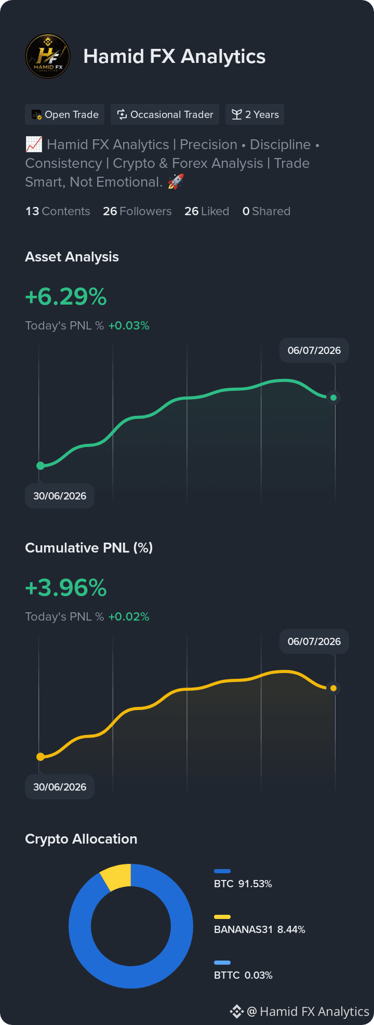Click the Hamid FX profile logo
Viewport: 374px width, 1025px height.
(48, 56)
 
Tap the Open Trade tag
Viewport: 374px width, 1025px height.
(65, 114)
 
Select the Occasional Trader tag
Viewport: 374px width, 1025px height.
(165, 114)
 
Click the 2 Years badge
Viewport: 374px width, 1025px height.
(255, 114)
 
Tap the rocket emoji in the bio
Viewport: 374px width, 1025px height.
(176, 182)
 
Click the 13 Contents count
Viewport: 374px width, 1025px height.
(58, 211)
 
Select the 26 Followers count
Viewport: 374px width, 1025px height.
(137, 211)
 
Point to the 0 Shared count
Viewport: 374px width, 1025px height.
(266, 211)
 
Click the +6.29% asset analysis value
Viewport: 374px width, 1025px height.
(66, 297)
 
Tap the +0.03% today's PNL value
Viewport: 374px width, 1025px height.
(129, 325)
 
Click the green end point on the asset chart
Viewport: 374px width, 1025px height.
(333, 398)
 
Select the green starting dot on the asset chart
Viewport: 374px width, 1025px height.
(41, 466)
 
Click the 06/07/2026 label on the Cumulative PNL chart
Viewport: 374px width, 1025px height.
(314, 641)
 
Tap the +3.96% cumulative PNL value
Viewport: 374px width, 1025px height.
(66, 588)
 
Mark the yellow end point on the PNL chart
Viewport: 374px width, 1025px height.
(333, 688)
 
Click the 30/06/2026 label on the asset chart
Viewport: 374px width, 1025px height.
(60, 496)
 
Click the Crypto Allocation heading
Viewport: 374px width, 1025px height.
(81, 839)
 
